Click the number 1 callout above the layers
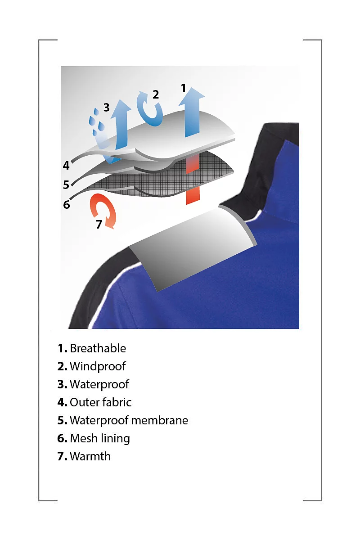(x=184, y=88)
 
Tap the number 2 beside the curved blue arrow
(x=156, y=94)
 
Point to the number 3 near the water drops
(x=106, y=107)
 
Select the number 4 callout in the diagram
(x=66, y=166)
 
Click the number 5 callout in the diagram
(x=66, y=184)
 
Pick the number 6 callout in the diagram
(x=67, y=205)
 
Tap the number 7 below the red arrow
(x=99, y=224)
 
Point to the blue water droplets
(x=97, y=122)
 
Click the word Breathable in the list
(x=98, y=348)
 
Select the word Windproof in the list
(x=98, y=366)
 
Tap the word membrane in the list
(x=160, y=420)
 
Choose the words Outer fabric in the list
(x=100, y=402)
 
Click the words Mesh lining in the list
(x=100, y=438)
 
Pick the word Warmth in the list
(x=90, y=456)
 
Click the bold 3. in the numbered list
(x=62, y=384)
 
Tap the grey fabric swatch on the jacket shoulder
(x=193, y=248)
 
